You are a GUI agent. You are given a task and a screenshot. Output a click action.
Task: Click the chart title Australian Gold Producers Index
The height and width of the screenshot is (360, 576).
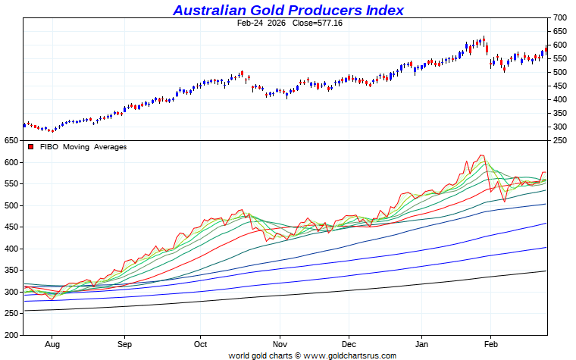pos(288,10)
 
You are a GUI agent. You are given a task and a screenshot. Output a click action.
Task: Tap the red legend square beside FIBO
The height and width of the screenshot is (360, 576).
pos(31,147)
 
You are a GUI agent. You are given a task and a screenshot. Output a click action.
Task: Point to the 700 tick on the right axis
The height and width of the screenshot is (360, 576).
pos(560,17)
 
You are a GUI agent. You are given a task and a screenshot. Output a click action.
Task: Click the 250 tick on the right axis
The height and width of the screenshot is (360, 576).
pos(560,140)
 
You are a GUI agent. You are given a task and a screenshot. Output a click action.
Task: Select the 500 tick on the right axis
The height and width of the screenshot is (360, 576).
pos(560,72)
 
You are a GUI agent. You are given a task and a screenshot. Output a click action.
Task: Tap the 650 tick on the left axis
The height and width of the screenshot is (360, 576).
pos(11,141)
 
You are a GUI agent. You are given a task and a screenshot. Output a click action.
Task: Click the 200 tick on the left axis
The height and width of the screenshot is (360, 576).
pos(11,335)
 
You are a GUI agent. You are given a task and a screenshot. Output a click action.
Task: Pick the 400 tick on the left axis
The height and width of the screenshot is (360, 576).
pos(11,249)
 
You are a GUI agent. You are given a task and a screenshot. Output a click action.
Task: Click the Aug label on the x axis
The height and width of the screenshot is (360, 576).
pos(52,343)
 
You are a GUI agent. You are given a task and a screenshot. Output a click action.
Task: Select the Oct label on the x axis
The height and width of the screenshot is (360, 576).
pos(201,343)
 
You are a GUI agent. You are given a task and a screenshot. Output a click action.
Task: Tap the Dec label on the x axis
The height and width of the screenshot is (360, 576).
pos(349,343)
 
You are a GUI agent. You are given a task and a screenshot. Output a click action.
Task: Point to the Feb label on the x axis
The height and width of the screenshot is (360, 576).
pos(490,343)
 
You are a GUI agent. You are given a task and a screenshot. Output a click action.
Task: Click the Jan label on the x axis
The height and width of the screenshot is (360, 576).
pos(422,343)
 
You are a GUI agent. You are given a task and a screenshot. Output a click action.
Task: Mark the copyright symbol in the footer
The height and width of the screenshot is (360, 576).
pos(298,355)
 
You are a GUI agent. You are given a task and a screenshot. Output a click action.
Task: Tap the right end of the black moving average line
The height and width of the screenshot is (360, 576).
pos(546,271)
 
